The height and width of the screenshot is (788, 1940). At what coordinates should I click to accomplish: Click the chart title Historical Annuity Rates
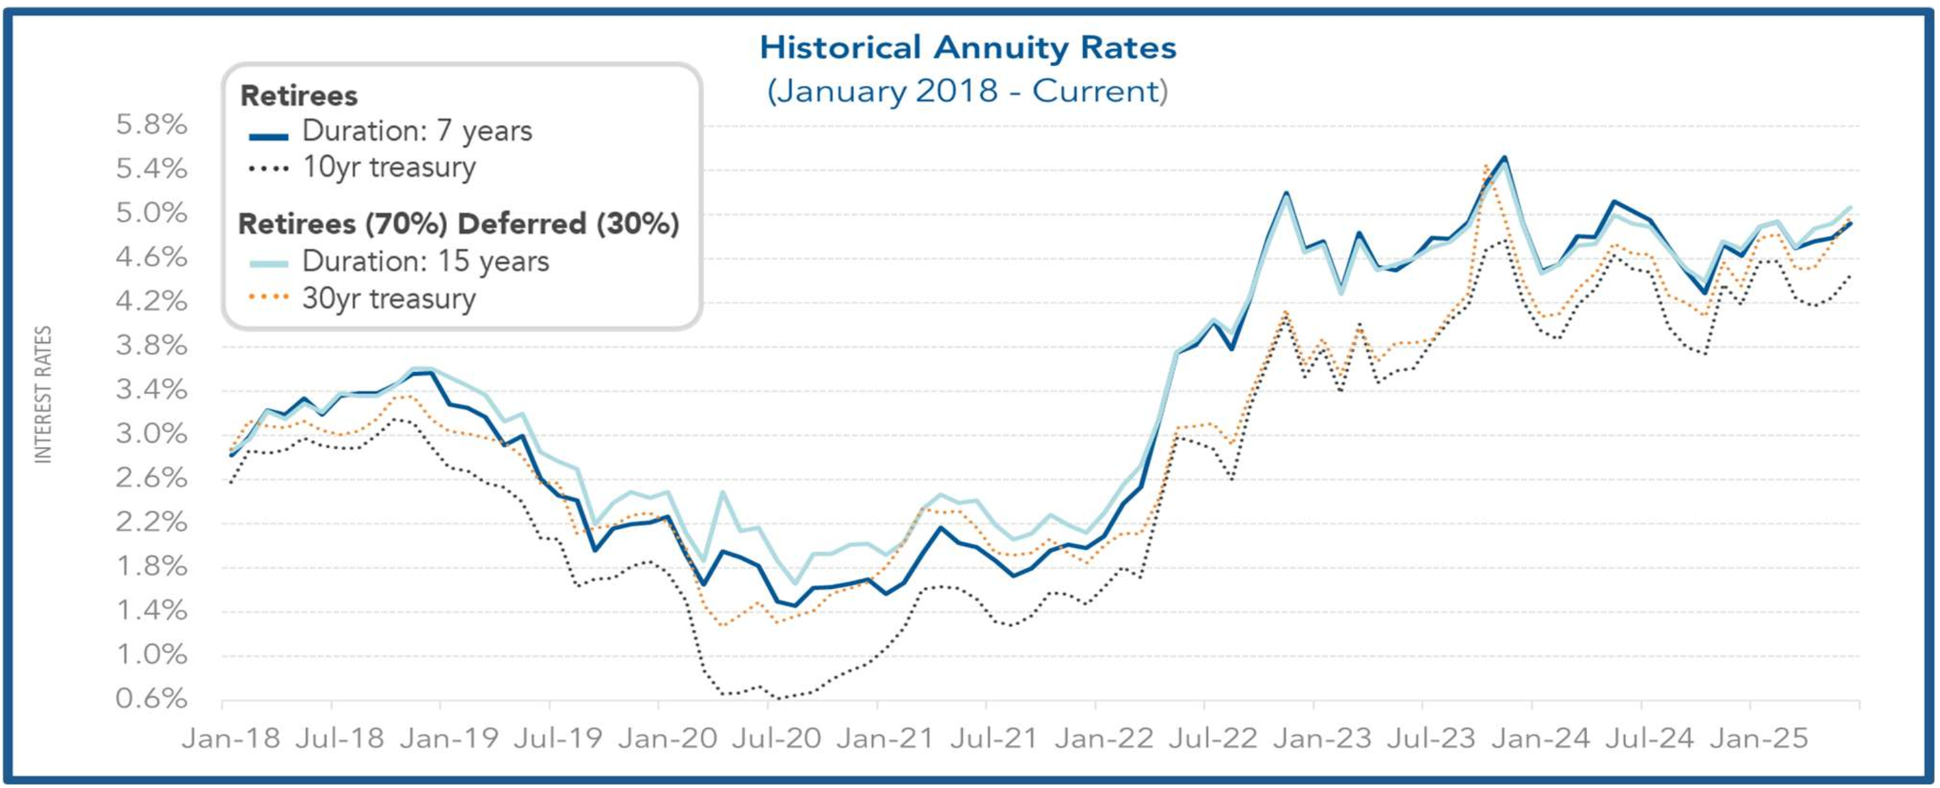[x=968, y=48]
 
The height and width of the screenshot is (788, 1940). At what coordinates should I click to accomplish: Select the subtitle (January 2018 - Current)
[x=968, y=92]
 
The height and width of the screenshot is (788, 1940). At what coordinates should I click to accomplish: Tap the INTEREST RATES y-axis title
[x=44, y=394]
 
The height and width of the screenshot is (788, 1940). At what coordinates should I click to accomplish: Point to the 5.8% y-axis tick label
[x=151, y=124]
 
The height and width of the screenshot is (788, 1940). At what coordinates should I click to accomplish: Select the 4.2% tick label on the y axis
[x=151, y=301]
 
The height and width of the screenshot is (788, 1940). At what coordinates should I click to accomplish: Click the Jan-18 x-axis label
[x=231, y=738]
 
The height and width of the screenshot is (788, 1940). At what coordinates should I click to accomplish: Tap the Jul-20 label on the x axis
[x=776, y=738]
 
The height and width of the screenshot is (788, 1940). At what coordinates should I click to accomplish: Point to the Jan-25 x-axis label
[x=1758, y=738]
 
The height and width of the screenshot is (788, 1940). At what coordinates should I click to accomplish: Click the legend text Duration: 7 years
[x=417, y=132]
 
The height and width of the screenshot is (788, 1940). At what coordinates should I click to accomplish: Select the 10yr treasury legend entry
[x=389, y=167]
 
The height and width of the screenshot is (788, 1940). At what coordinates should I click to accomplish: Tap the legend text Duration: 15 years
[x=426, y=261]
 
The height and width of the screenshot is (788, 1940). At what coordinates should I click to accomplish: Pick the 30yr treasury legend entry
[x=389, y=298]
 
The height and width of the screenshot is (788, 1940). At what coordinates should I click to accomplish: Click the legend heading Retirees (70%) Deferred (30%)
[x=459, y=223]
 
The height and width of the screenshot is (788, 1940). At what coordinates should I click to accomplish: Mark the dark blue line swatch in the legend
[x=268, y=136]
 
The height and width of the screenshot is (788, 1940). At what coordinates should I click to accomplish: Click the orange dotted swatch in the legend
[x=268, y=297]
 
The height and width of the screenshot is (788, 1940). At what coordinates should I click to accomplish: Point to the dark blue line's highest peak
[x=1504, y=157]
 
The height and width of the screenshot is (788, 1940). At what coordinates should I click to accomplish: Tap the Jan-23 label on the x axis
[x=1322, y=738]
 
